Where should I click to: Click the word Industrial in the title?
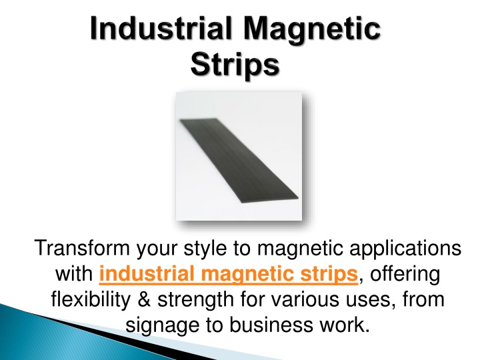pyautogui.click(x=158, y=32)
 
